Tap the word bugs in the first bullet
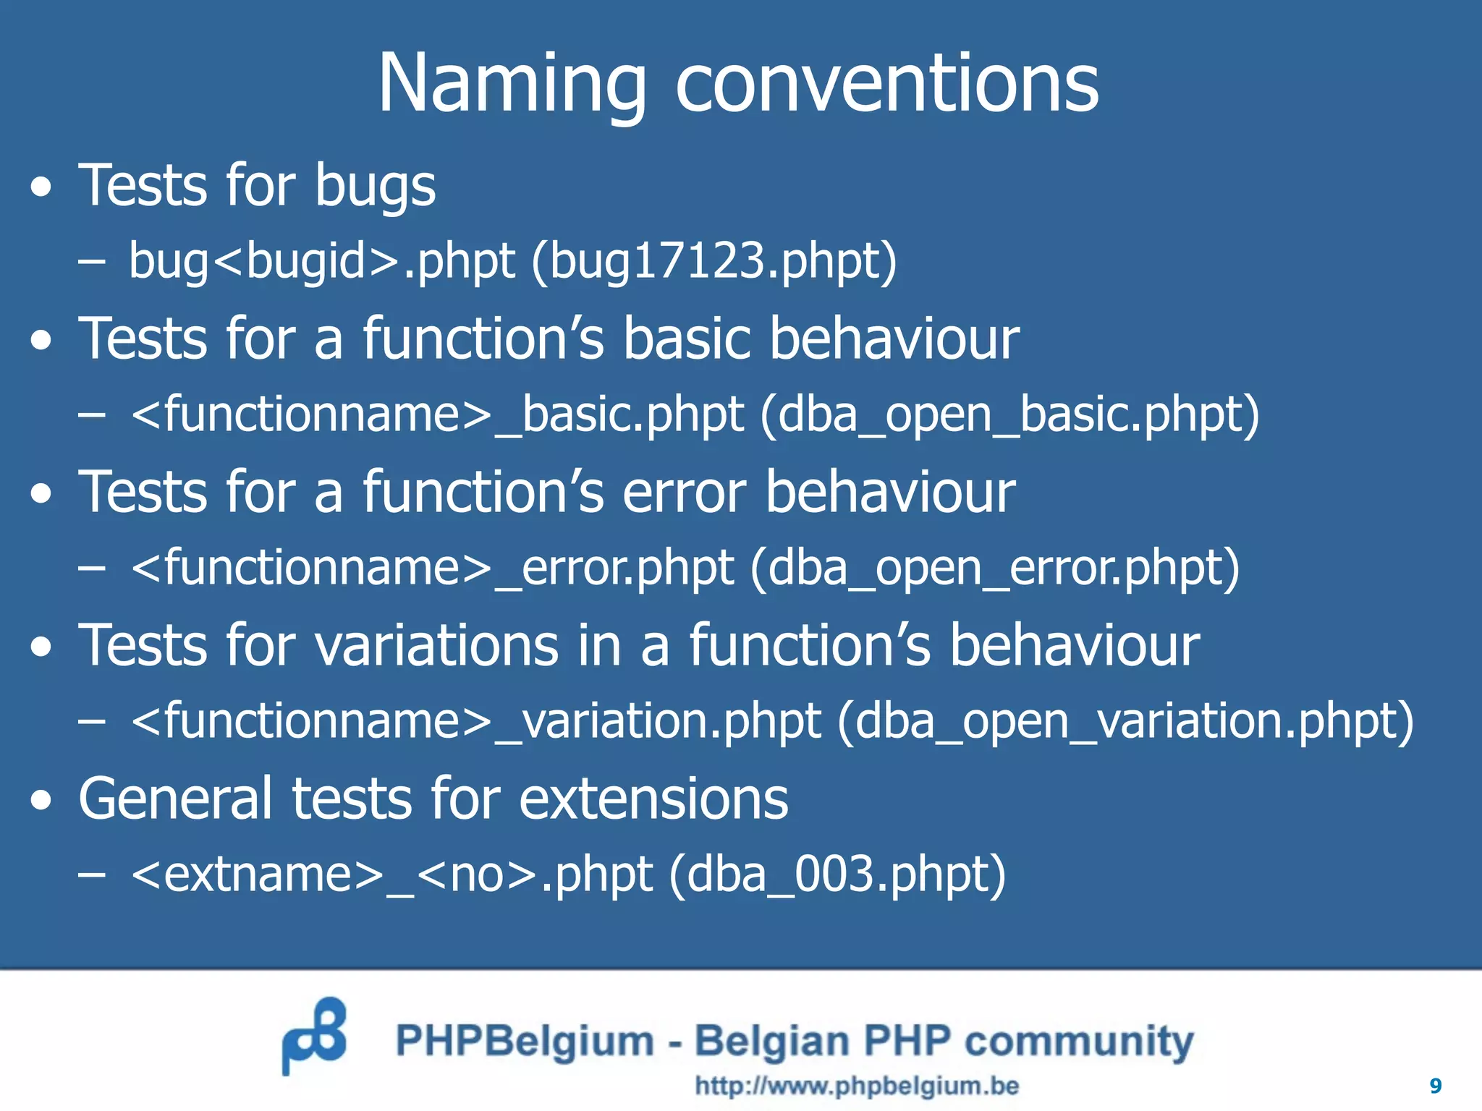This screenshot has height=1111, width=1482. coord(375,187)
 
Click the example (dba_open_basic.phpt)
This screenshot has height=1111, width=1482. coord(1009,416)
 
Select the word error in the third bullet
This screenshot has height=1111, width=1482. coord(684,493)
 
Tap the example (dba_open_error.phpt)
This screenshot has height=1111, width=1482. coord(995,569)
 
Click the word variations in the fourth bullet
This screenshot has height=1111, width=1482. coord(437,646)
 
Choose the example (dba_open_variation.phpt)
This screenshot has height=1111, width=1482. coord(1125,723)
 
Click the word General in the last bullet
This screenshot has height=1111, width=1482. coord(175,799)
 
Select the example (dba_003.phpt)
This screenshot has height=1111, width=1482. coord(837,876)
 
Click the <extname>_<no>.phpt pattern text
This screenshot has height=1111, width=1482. coord(392,876)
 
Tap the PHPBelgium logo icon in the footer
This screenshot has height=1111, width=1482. coord(314,1035)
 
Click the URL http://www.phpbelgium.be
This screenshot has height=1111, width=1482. coord(857,1086)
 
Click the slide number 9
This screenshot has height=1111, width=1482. coord(1436,1086)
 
